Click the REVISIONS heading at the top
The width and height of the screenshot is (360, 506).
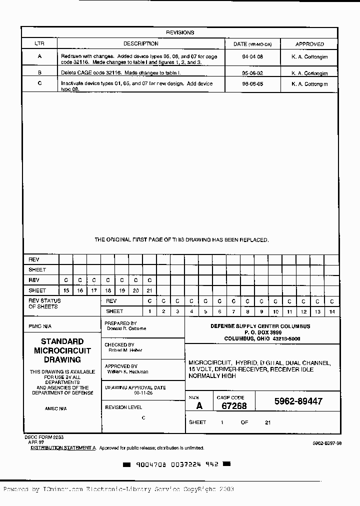179,32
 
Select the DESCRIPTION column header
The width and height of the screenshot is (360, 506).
140,44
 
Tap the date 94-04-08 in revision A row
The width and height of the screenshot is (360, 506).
252,57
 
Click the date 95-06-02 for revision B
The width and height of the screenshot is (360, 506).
252,72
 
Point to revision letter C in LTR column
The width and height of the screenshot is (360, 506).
39,84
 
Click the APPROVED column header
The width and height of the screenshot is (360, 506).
309,44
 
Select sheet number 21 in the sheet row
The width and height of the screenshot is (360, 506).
149,290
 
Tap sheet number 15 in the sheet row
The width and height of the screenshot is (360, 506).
66,290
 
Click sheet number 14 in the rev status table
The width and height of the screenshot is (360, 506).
331,311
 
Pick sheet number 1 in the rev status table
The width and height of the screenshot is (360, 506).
149,311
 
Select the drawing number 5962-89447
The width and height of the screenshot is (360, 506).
298,401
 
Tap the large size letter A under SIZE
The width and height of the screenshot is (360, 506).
199,406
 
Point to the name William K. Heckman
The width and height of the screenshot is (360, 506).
127,372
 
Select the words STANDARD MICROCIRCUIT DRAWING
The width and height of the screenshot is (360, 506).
62,350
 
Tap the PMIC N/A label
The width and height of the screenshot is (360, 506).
39,325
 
